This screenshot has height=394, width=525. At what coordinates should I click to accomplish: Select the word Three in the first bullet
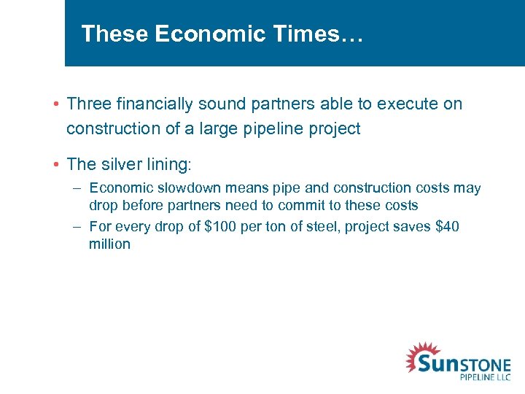click(88, 104)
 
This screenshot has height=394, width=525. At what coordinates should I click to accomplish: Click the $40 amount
click(447, 227)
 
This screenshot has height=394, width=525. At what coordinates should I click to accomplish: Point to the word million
click(109, 244)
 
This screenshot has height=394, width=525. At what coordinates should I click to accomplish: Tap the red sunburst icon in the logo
click(421, 358)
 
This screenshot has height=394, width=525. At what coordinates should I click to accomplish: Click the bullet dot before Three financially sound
click(57, 104)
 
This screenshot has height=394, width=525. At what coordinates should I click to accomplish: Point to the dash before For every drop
click(77, 227)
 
